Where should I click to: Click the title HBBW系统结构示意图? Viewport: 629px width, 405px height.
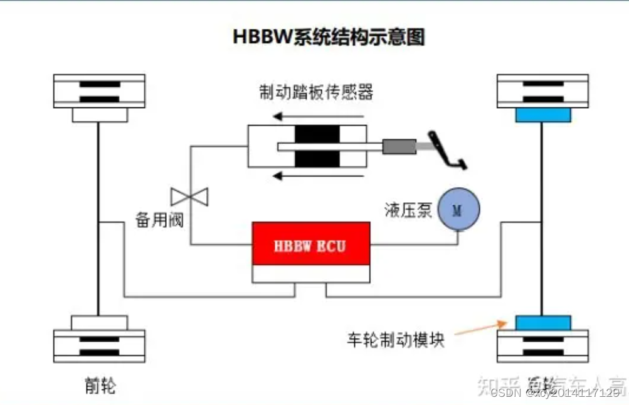click(x=329, y=36)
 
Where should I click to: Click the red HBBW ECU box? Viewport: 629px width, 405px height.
click(x=310, y=244)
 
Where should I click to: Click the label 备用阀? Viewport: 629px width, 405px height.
click(x=159, y=220)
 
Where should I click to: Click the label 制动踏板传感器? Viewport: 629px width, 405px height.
click(x=316, y=92)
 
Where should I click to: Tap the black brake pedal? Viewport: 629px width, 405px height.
click(x=447, y=151)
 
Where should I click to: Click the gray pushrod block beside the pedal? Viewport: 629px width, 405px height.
click(x=399, y=147)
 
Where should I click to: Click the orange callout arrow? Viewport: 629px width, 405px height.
click(x=480, y=328)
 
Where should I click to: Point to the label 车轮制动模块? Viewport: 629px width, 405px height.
click(x=395, y=340)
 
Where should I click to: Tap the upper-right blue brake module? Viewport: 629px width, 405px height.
click(x=543, y=115)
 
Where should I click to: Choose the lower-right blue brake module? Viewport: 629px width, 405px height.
click(x=543, y=323)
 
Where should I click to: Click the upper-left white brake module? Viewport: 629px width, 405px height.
click(x=100, y=115)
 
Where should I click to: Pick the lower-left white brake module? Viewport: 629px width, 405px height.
click(x=100, y=323)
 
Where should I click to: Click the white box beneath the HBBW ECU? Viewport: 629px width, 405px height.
click(x=310, y=274)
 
